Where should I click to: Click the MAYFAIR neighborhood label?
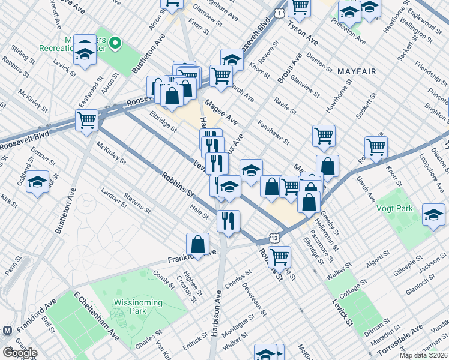356,71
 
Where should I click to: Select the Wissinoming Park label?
137,307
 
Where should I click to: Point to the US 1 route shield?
280,13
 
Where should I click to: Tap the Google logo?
19,352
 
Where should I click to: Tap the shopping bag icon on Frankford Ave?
197,244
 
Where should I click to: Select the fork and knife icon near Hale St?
228,221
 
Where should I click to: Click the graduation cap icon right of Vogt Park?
433,215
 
